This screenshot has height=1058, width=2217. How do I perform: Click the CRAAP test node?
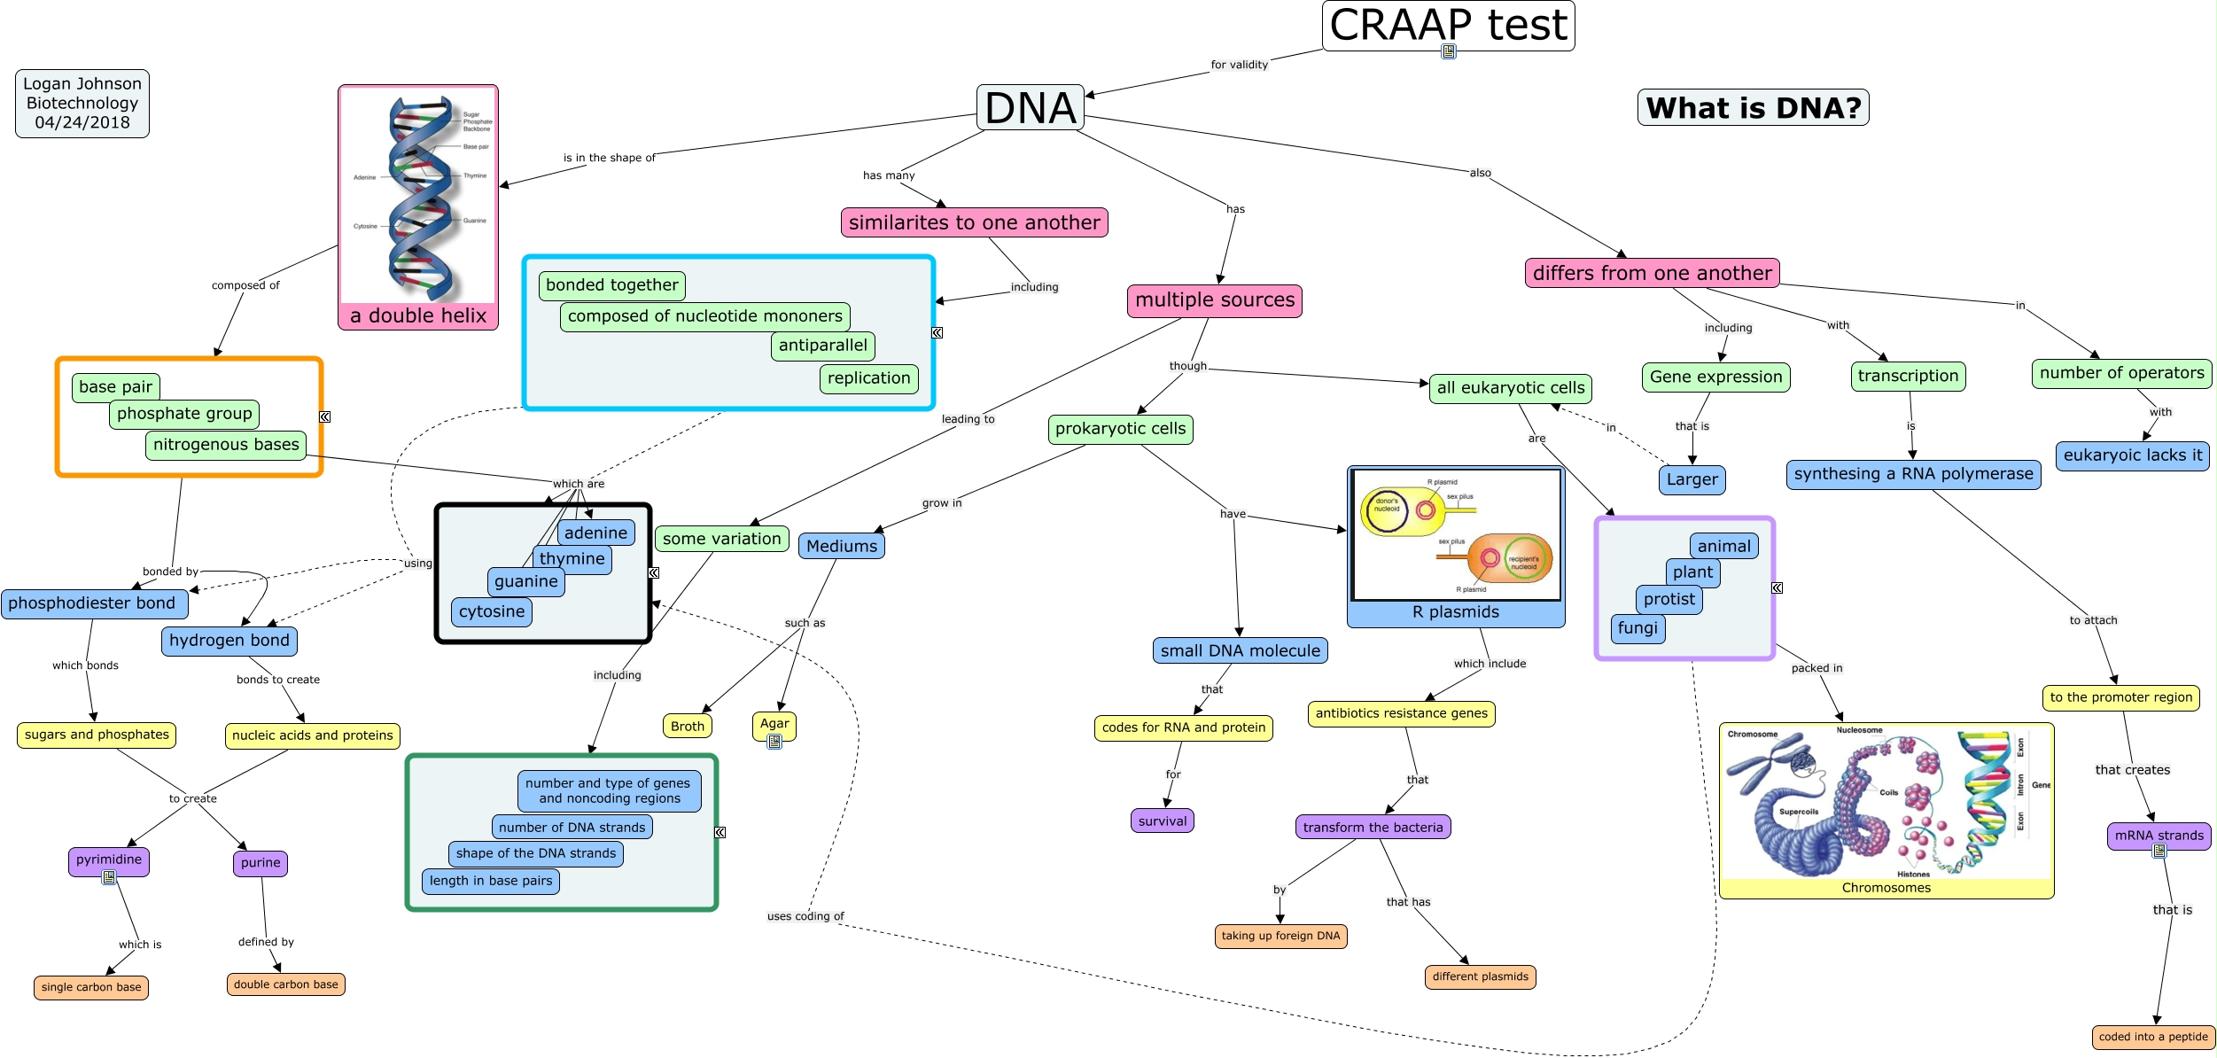[x=1448, y=25]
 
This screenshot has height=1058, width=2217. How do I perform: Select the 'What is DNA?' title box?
[x=1753, y=107]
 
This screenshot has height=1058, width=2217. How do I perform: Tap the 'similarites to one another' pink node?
[x=974, y=222]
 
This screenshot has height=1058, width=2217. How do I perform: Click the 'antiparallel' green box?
[x=823, y=346]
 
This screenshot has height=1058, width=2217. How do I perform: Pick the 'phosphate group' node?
[x=184, y=414]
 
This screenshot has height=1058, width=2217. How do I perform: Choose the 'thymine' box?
[x=572, y=559]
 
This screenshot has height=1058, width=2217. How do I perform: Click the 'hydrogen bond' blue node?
[x=229, y=641]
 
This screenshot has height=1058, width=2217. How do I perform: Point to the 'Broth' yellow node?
[x=687, y=727]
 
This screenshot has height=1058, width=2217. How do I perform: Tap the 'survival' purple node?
[x=1162, y=821]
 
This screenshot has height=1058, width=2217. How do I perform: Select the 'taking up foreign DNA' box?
[x=1280, y=936]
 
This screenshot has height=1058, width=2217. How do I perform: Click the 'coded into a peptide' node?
[x=2153, y=1037]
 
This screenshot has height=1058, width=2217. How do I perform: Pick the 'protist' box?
[x=1669, y=600]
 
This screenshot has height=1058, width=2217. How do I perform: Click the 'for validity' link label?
[x=1239, y=65]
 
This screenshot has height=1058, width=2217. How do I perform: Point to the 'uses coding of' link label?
[x=805, y=916]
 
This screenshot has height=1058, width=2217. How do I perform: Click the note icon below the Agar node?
[x=774, y=742]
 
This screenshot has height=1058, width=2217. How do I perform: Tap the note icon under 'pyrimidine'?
[x=109, y=877]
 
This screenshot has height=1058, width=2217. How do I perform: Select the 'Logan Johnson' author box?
[x=82, y=104]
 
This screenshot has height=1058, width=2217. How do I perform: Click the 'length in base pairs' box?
[x=491, y=881]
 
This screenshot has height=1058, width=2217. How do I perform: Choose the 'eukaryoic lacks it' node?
[x=2132, y=455]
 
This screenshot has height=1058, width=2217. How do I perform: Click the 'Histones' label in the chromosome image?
[x=1913, y=875]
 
